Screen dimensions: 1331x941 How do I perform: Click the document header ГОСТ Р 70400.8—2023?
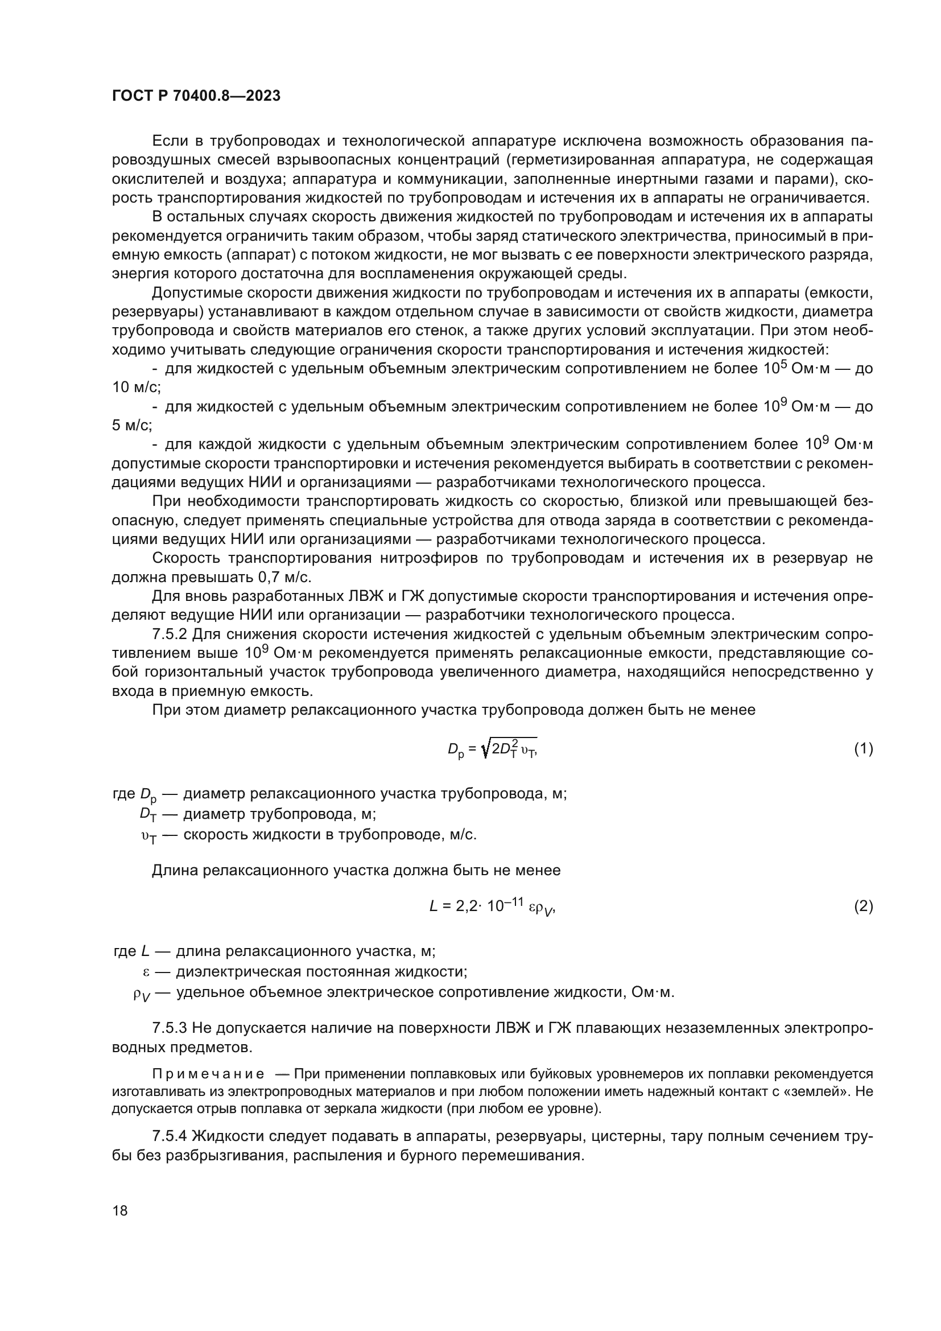pos(196,96)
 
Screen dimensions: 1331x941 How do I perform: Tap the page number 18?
pos(120,1210)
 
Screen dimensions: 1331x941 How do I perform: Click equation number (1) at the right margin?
pos(863,749)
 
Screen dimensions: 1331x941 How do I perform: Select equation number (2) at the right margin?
pos(863,906)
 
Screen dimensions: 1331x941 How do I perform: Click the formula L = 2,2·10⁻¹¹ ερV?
pos(492,906)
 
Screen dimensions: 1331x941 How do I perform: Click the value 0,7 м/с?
pos(283,578)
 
